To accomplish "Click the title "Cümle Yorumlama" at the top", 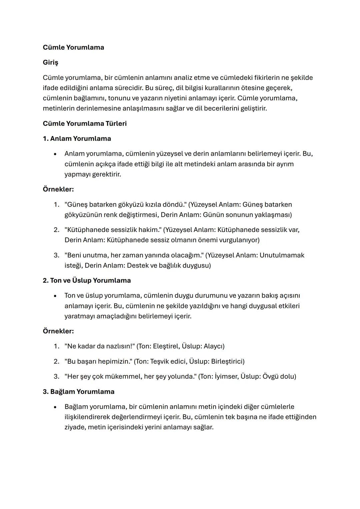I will coord(73,47).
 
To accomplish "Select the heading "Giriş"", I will coord(50,62).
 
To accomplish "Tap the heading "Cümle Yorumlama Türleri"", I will coord(85,124).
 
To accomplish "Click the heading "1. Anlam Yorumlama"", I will coord(77,139).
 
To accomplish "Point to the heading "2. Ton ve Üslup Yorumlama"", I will coord(87,280).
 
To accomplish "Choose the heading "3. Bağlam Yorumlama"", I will coord(78,392).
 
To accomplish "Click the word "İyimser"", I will coord(226,377).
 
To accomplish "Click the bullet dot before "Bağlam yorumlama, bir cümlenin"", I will coord(55,407).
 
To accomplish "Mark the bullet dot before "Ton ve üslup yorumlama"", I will coord(55,296).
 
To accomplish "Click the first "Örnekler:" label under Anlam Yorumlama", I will coord(58,189).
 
